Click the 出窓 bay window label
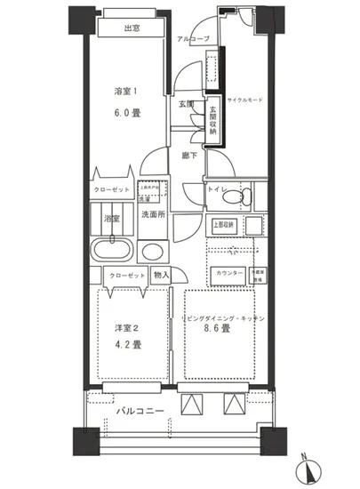[132, 28]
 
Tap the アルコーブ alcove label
[193, 40]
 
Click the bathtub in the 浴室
[111, 251]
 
